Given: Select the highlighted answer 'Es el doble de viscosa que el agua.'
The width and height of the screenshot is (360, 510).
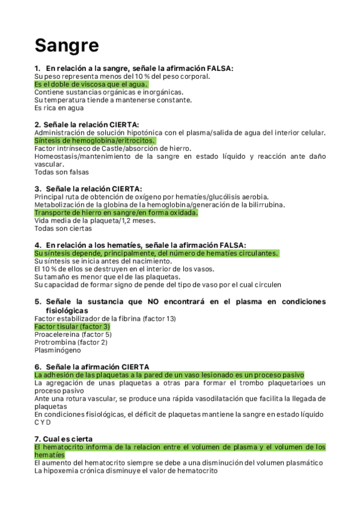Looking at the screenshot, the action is click(91, 85).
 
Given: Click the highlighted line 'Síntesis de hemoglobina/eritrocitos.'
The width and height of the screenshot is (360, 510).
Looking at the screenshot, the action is click(94, 140).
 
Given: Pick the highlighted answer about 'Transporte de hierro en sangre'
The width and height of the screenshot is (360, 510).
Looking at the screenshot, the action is click(116, 213).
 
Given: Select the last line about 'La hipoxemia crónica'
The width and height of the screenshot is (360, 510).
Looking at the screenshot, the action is click(126, 471).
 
